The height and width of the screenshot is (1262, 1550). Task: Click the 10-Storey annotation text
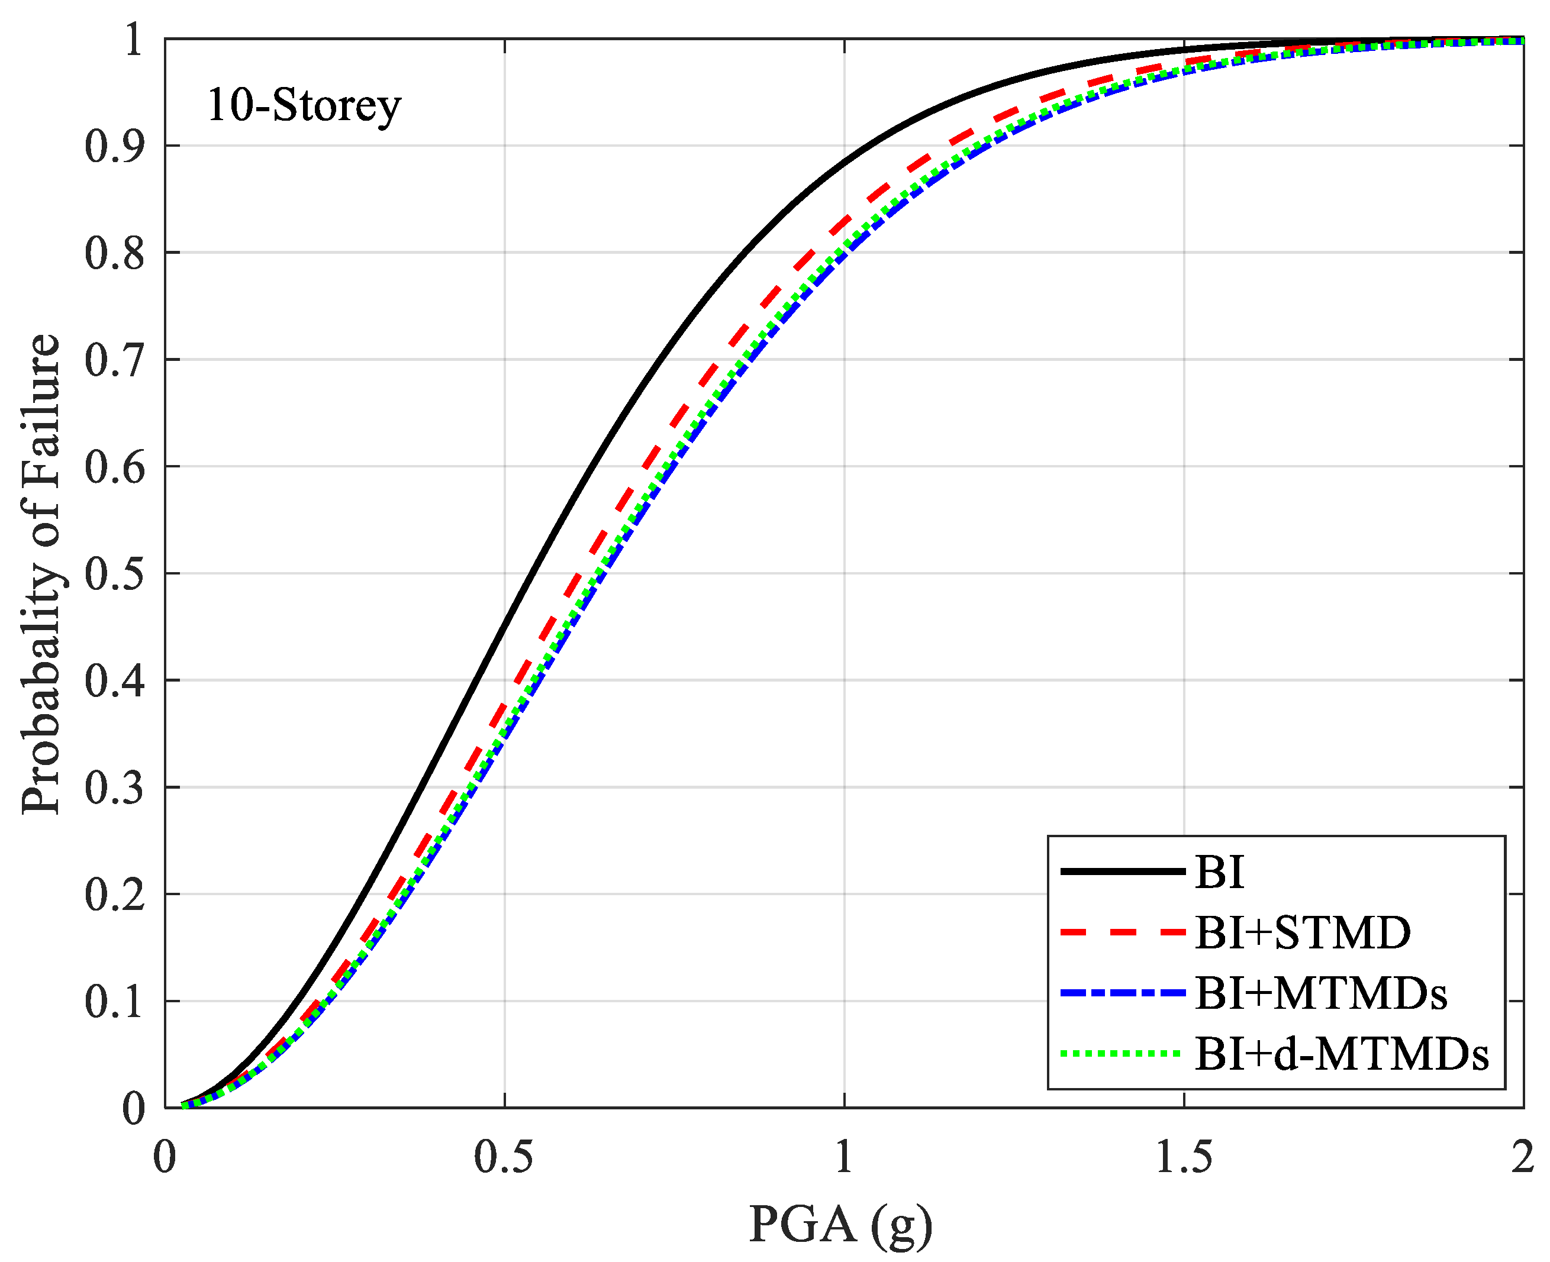click(x=304, y=106)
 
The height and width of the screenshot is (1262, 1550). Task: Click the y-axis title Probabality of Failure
click(x=41, y=574)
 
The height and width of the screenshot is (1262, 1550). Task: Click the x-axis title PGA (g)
click(x=840, y=1224)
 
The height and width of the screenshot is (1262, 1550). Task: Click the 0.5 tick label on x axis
click(x=504, y=1157)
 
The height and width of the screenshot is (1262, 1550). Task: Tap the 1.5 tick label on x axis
click(x=1184, y=1157)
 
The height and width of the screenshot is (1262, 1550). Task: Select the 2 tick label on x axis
click(x=1522, y=1157)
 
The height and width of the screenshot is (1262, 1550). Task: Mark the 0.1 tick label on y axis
click(x=114, y=1002)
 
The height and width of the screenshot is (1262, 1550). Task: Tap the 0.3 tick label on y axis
click(x=114, y=788)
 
